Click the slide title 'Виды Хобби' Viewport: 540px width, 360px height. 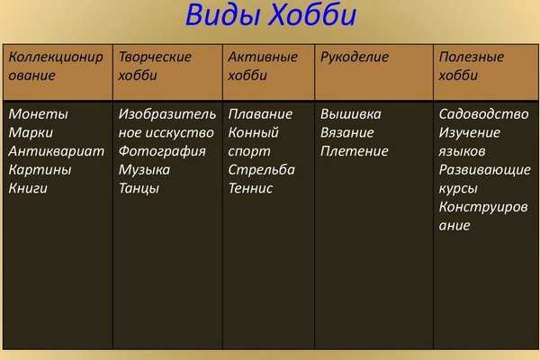pyautogui.click(x=271, y=15)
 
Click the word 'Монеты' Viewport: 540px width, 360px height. pyautogui.click(x=38, y=114)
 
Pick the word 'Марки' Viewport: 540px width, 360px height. pyautogui.click(x=31, y=132)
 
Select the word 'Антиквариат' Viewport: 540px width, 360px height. pyautogui.click(x=57, y=151)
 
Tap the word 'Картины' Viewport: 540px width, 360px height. pyautogui.click(x=40, y=170)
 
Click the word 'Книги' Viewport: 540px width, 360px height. pyautogui.click(x=28, y=188)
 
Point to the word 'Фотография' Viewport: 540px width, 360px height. pyautogui.click(x=162, y=151)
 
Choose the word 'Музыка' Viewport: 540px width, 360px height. pyautogui.click(x=144, y=170)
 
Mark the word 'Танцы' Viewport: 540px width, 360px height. pyautogui.click(x=139, y=188)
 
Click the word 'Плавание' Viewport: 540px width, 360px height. pyautogui.click(x=260, y=114)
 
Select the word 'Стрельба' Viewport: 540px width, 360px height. pyautogui.click(x=261, y=170)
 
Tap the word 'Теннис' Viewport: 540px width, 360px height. pyautogui.click(x=250, y=188)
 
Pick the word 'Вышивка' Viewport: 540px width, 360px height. pyautogui.click(x=351, y=114)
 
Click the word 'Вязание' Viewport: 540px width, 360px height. pyautogui.click(x=346, y=132)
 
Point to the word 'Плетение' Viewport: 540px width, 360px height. pyautogui.click(x=355, y=151)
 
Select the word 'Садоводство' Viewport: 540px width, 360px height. pyautogui.click(x=483, y=114)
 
